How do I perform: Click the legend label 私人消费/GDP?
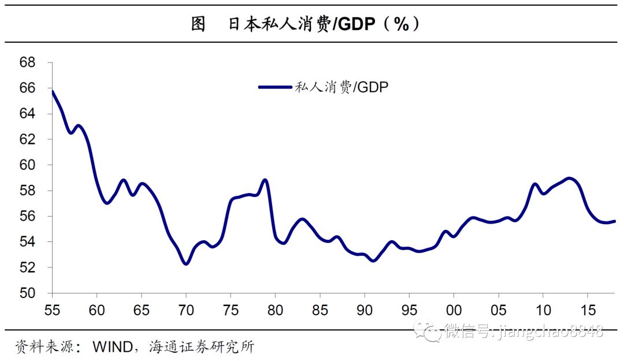pos(341,87)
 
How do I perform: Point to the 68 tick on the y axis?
pos(27,62)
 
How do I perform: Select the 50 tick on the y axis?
pos(27,293)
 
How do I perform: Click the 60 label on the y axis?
pos(27,165)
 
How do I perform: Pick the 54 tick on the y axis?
pos(27,242)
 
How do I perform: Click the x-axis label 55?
pos(52,307)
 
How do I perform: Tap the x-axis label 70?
pos(186,307)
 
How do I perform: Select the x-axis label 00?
pos(454,307)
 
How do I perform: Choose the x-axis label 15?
pos(587,307)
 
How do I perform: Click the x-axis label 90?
pos(364,307)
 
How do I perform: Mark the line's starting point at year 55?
pos(53,91)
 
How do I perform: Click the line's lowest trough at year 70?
pos(186,263)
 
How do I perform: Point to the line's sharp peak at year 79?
pos(265,180)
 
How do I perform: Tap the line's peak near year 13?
pos(570,178)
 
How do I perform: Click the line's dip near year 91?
pos(373,260)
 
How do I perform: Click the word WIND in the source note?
pos(111,348)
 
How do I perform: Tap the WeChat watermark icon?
pos(431,331)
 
